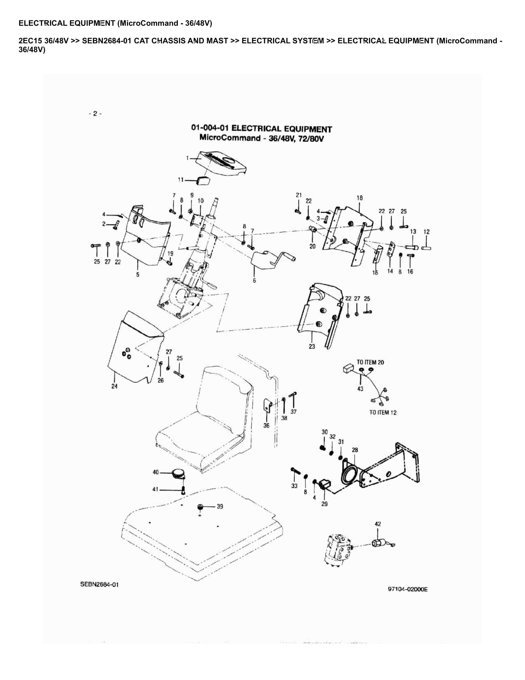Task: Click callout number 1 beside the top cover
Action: pyautogui.click(x=187, y=158)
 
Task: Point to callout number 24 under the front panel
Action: pyautogui.click(x=115, y=386)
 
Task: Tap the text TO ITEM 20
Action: pyautogui.click(x=370, y=362)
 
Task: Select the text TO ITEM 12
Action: pyautogui.click(x=383, y=412)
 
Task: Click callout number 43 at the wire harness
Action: pyautogui.click(x=360, y=389)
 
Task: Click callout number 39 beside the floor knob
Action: pyautogui.click(x=220, y=507)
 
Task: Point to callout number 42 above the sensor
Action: pyautogui.click(x=378, y=524)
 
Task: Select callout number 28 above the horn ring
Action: pyautogui.click(x=355, y=450)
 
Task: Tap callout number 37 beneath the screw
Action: pyautogui.click(x=293, y=412)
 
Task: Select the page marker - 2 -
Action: pyautogui.click(x=95, y=114)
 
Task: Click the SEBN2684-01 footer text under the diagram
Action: pyautogui.click(x=100, y=584)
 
